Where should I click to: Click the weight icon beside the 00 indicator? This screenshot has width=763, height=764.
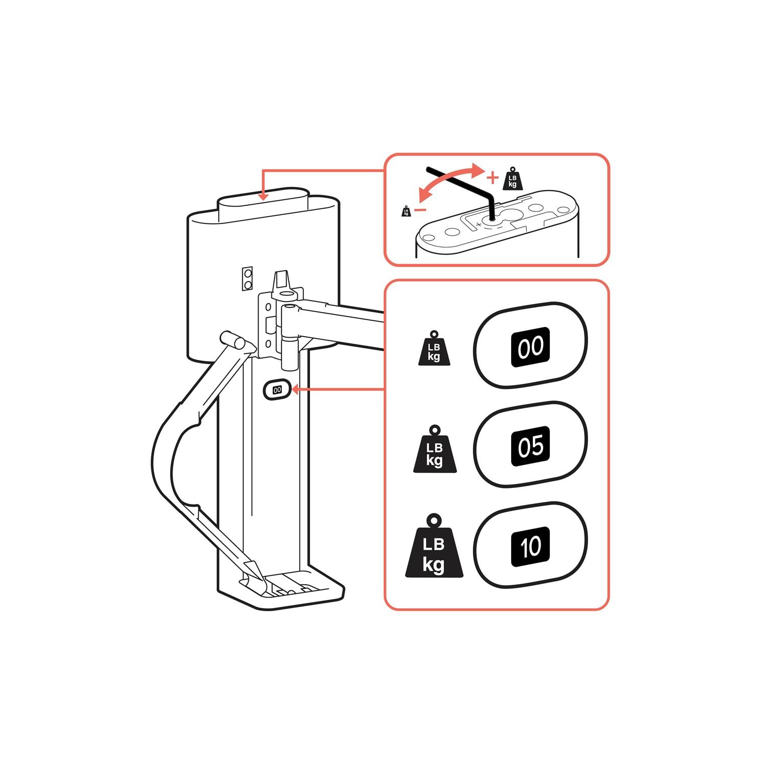(x=434, y=348)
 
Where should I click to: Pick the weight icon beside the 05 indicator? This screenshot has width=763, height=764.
(x=435, y=449)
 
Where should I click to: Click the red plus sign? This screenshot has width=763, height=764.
(x=492, y=177)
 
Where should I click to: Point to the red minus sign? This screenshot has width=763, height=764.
(x=420, y=209)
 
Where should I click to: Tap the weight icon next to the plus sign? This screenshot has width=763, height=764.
(x=513, y=178)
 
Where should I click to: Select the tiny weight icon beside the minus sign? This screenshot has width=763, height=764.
(x=406, y=211)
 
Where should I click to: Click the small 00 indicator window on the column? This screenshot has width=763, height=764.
(x=277, y=390)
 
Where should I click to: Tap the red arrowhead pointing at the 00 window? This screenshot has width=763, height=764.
(x=296, y=390)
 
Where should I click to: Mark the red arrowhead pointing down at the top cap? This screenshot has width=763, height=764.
(x=263, y=196)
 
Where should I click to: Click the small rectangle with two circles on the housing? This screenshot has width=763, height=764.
(x=247, y=279)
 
